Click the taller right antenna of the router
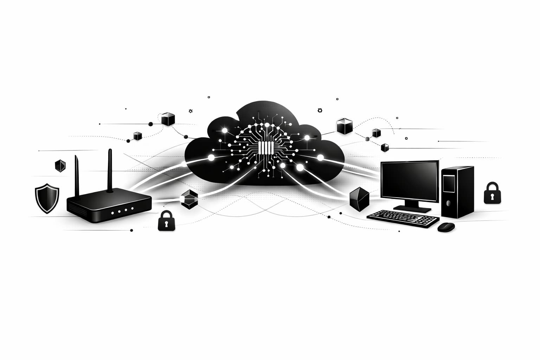(x=110, y=171)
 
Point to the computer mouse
(x=446, y=227)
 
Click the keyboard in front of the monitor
(x=403, y=218)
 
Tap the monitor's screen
(x=410, y=182)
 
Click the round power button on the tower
(x=449, y=203)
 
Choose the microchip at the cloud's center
(x=265, y=148)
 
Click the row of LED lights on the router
(x=122, y=211)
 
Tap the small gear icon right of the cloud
(x=320, y=110)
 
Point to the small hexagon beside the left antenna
(x=60, y=165)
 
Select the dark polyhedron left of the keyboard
(x=359, y=197)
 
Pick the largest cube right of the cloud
(x=344, y=126)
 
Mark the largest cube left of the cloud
(x=168, y=118)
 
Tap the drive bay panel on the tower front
(x=448, y=184)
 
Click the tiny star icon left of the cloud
(x=191, y=111)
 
